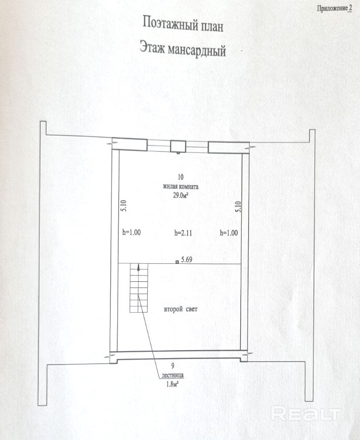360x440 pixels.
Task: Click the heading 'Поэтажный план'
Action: [x=183, y=24]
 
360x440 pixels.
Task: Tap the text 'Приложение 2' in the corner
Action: [x=334, y=8]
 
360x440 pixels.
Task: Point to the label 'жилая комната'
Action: [x=180, y=186]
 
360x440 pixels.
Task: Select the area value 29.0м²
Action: [x=180, y=195]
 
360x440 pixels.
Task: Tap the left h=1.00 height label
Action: [x=131, y=233]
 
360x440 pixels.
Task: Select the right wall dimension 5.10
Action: [x=238, y=207]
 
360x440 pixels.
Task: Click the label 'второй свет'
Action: [x=180, y=310]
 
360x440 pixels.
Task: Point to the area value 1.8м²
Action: [x=172, y=385]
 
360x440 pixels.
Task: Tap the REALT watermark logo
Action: [x=306, y=414]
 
